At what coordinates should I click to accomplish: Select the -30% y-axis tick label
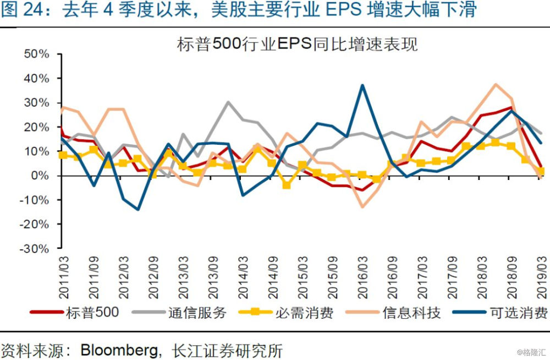35,248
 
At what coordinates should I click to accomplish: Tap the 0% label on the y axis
41,176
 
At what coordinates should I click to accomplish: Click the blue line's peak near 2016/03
362,85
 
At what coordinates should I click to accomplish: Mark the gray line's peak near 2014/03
228,102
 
